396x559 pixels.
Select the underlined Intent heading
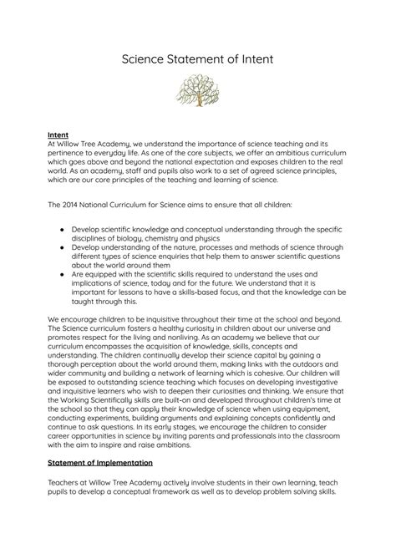coord(58,133)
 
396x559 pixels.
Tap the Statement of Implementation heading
coord(99,485)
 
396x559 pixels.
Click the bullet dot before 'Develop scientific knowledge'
coord(63,228)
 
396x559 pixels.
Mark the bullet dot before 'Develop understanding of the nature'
coord(63,246)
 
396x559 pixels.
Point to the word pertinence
coord(69,151)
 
